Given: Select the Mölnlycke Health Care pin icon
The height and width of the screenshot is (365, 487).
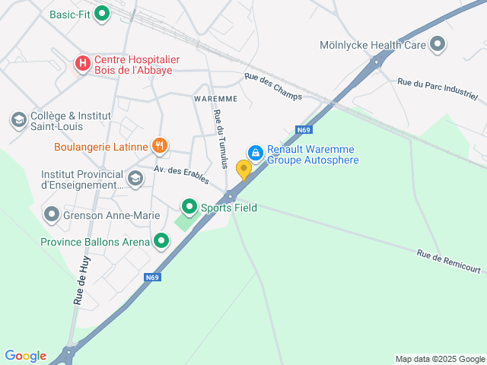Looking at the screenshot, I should pyautogui.click(x=437, y=45).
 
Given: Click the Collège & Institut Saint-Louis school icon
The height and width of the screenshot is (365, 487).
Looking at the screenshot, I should pyautogui.click(x=18, y=120).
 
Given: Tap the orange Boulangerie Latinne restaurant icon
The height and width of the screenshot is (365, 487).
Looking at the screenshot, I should pyautogui.click(x=159, y=145).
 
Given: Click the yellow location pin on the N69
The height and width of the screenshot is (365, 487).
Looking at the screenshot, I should pyautogui.click(x=243, y=169).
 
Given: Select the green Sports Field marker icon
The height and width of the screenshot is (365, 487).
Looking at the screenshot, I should pyautogui.click(x=189, y=206).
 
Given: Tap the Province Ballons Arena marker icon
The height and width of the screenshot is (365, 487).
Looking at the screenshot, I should pyautogui.click(x=161, y=242).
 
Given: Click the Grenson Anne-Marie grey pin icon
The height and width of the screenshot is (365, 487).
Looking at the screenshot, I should pyautogui.click(x=52, y=214).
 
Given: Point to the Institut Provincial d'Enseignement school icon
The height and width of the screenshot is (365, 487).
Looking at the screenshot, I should pyautogui.click(x=135, y=179).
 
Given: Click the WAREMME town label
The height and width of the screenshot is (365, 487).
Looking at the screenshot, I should pyautogui.click(x=215, y=99).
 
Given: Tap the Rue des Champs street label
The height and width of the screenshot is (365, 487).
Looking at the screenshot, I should pyautogui.click(x=272, y=86).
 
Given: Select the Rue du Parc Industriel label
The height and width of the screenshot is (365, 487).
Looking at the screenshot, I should pyautogui.click(x=438, y=89).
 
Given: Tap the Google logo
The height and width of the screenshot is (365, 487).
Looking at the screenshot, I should pyautogui.click(x=25, y=356).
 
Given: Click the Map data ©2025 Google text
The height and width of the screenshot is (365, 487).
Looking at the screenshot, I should pyautogui.click(x=440, y=359).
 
